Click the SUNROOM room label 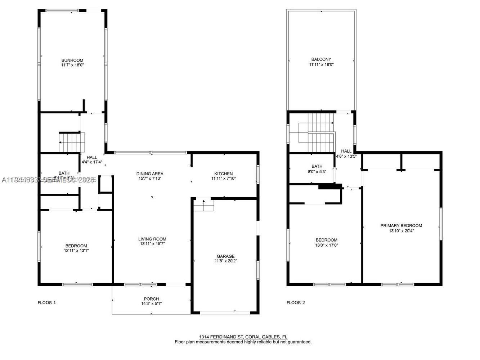pos(72,60)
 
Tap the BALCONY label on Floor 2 pos(321,59)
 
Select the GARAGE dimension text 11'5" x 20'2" pos(226,261)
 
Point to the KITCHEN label pos(223,174)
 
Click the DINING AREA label pos(150,174)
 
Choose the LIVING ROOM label pos(152,239)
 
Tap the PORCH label pos(151,299)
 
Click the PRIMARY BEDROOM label pos(401,226)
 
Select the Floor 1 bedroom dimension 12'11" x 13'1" pos(76,251)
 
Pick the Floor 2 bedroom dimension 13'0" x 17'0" pos(326,245)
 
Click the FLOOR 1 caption pos(47,303)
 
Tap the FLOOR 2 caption pos(296,303)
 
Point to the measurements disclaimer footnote pos(243,342)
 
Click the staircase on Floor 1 pos(72,142)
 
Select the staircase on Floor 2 pos(317,132)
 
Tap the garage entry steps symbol pos(204,206)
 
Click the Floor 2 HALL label pos(346,151)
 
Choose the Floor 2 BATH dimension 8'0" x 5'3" pos(317,171)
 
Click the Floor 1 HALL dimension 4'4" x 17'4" pos(92,162)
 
